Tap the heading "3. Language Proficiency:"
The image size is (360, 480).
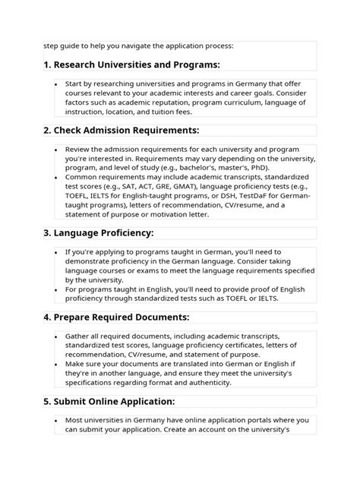[99, 232]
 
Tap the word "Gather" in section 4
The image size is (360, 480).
[80, 335]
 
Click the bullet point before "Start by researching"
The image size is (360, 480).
[57, 84]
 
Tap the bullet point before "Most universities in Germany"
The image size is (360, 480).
[57, 419]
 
